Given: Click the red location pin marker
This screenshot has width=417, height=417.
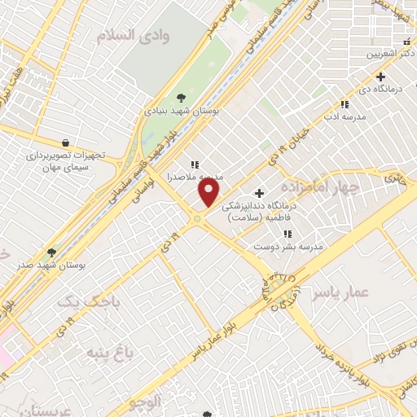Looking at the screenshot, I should pyautogui.click(x=209, y=192).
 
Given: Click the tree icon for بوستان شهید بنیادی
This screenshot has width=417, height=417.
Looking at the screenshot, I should pyautogui.click(x=179, y=98).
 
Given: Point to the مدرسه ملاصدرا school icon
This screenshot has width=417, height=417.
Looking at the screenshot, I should pyautogui.click(x=194, y=164).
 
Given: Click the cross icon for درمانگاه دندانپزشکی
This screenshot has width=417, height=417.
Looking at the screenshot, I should pyautogui.click(x=259, y=193).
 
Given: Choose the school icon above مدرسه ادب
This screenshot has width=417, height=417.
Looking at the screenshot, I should pyautogui.click(x=345, y=104).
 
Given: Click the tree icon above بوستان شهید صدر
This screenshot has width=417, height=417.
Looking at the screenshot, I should pyautogui.click(x=52, y=252).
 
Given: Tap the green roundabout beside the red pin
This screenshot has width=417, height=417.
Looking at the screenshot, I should pyautogui.click(x=196, y=218).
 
